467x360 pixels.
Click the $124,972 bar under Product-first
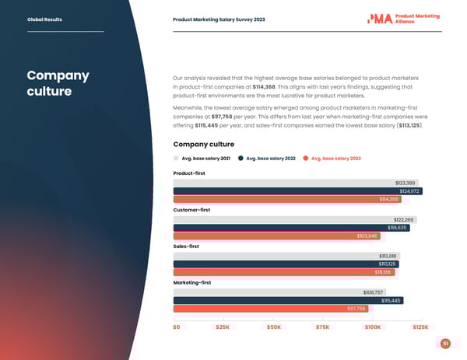pos(297,191)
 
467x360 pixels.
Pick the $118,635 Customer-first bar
pos(291,228)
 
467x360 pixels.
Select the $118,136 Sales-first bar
pos(284,272)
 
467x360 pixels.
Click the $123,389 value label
pos(406,183)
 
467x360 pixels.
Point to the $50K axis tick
pos(273,327)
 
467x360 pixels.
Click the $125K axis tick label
pos(420,327)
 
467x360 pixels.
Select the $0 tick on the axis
pos(177,327)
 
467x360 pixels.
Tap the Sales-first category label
pos(186,246)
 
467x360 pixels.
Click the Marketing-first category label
pos(191,282)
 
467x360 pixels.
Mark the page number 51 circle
pos(445,344)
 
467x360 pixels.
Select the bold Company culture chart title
pos(203,144)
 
